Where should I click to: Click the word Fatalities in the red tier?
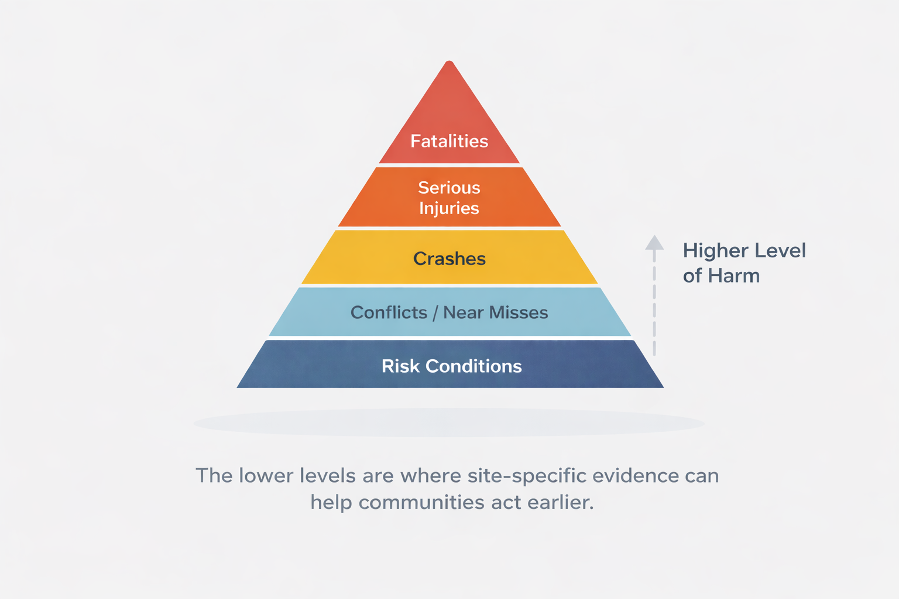click(x=449, y=141)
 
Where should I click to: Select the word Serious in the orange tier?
click(x=449, y=188)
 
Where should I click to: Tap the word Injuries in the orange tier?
click(x=449, y=209)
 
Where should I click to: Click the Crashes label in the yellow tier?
click(x=449, y=259)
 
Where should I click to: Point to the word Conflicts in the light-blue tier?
click(x=389, y=312)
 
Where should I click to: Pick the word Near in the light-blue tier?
click(x=463, y=312)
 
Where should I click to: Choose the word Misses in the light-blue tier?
click(x=520, y=312)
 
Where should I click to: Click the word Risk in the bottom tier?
click(x=400, y=366)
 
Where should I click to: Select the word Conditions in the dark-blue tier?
click(x=473, y=366)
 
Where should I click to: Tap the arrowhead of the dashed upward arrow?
click(x=654, y=243)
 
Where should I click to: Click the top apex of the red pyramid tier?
click(x=449, y=63)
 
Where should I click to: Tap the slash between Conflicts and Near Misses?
click(x=435, y=313)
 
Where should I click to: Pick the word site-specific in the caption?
click(x=527, y=476)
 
